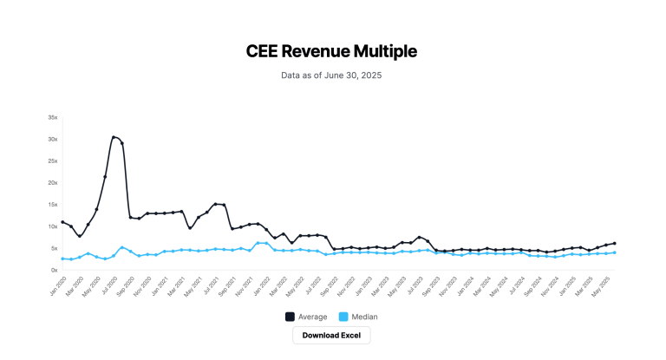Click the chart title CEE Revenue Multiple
click(331, 51)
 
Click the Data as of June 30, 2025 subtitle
click(331, 75)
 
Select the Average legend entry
click(308, 317)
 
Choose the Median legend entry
click(357, 317)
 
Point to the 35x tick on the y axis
click(53, 117)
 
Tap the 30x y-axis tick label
click(53, 139)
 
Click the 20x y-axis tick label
click(53, 182)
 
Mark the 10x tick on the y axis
click(53, 226)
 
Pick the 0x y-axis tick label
click(54, 270)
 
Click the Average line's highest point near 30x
click(114, 136)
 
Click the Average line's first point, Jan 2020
click(62, 222)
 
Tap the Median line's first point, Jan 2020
click(62, 259)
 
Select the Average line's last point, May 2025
click(615, 244)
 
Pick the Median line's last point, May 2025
click(615, 252)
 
